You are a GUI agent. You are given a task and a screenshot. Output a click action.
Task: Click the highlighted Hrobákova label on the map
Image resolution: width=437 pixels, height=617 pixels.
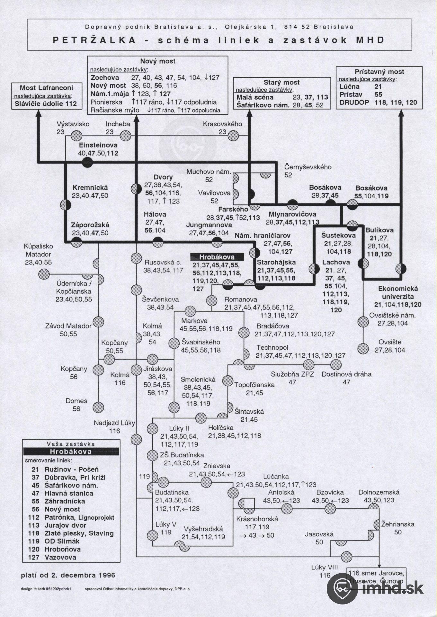pos(217,257)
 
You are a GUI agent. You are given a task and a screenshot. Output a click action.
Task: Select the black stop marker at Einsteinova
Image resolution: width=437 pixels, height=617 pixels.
pos(87,162)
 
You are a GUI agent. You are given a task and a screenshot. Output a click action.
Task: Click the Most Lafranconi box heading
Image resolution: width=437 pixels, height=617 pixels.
pos(46,88)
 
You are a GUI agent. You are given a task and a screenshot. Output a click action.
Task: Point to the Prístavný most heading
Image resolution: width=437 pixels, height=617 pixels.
pos(379,72)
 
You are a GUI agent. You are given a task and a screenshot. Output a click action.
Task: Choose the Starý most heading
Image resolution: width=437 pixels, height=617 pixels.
pos(281,82)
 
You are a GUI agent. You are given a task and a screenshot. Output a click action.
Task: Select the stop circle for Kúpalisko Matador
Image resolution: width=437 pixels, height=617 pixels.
pos(44,274)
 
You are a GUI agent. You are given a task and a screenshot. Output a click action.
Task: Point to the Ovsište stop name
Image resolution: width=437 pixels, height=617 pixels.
pos(390,342)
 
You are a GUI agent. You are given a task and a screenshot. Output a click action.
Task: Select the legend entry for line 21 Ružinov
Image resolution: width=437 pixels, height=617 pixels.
pos(64,469)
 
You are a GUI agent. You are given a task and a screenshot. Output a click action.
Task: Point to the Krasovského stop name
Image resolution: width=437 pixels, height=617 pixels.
pos(222,124)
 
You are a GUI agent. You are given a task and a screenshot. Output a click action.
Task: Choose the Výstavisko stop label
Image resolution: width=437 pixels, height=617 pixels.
pos(73,124)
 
